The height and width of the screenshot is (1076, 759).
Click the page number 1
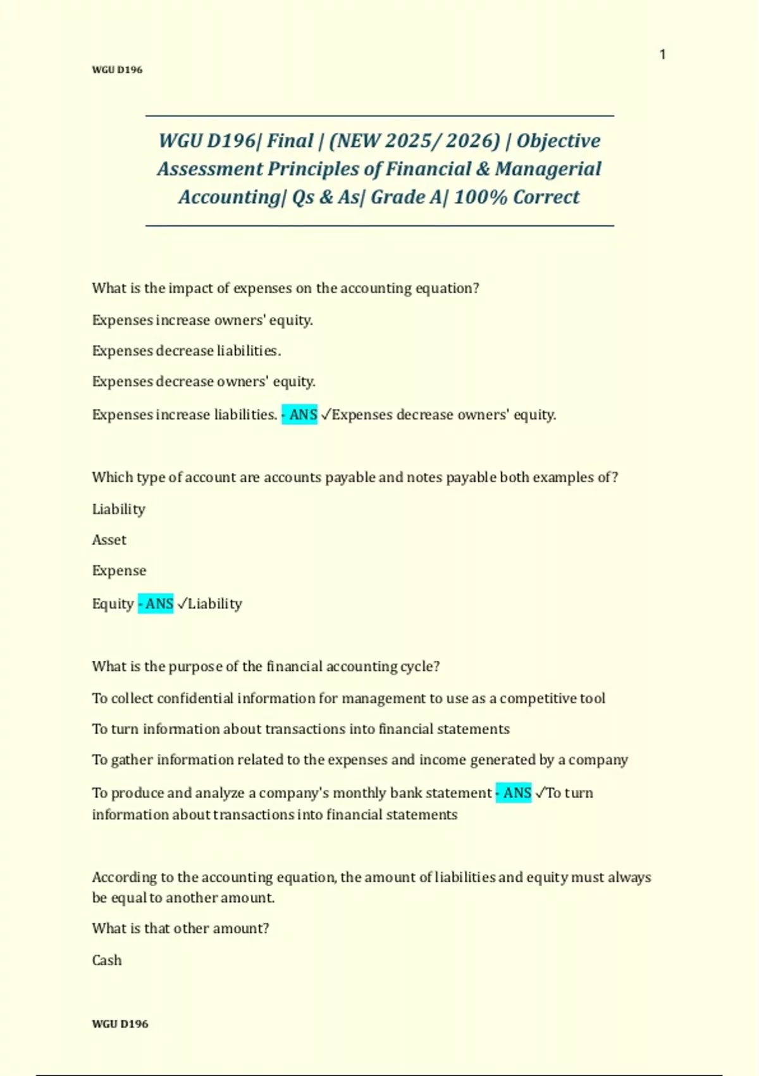[662, 54]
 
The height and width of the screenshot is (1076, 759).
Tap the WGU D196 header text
[117, 70]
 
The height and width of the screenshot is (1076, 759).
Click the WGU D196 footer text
[120, 1023]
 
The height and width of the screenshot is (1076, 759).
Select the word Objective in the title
[558, 141]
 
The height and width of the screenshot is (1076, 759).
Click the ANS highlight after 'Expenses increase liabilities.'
[300, 415]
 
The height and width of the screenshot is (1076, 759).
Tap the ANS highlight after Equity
[156, 604]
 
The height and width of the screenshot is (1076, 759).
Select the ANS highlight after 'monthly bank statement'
[514, 793]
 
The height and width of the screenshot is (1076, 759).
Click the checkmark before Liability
[182, 604]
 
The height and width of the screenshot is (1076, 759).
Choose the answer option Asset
[109, 540]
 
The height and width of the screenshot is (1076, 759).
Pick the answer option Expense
[119, 571]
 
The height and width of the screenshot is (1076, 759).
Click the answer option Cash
[106, 960]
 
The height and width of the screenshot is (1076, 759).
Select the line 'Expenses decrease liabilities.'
[186, 351]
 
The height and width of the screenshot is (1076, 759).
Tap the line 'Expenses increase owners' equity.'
[202, 320]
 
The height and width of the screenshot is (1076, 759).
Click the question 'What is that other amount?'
[180, 929]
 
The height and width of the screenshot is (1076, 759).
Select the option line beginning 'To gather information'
[359, 760]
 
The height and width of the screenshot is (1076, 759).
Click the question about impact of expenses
[285, 288]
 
